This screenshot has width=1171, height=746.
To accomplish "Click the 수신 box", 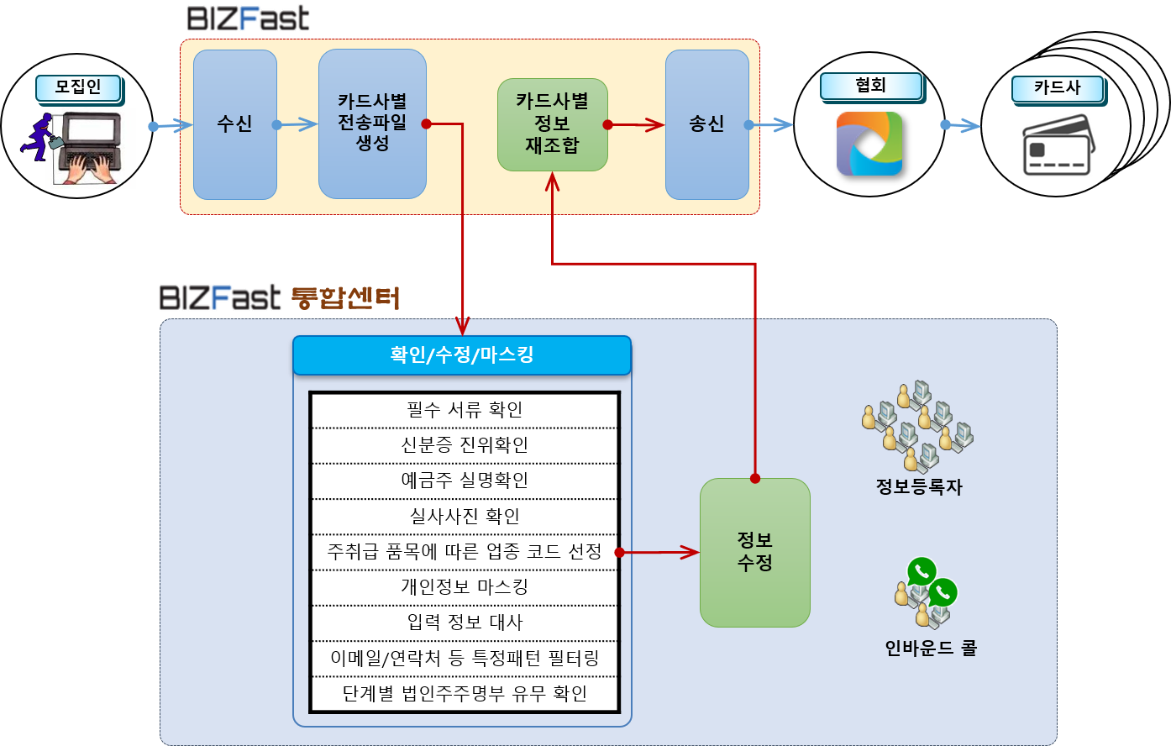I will point(234,124).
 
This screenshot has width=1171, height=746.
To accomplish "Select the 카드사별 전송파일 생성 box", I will point(372,123).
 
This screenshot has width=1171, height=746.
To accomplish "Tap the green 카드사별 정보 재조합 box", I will point(552,124).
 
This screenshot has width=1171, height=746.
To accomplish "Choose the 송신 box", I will point(706,124).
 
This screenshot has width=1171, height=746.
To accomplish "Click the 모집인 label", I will point(78,87).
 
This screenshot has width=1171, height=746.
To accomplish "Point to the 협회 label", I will point(870,86).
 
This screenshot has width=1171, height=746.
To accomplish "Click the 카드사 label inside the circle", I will point(1056,88).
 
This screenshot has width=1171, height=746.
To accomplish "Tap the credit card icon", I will point(1056,144).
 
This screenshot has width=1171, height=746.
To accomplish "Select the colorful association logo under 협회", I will point(869,144).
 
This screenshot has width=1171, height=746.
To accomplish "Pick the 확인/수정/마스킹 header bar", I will point(461,355).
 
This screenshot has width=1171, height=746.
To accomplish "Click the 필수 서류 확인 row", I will point(465,410).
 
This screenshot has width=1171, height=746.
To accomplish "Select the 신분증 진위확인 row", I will point(465,445).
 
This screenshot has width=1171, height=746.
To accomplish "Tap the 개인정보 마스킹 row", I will point(465,587).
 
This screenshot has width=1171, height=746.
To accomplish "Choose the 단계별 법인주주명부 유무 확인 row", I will point(465,694).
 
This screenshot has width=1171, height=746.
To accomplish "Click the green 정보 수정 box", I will point(754,552).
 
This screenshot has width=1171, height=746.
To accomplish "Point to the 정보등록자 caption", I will point(918,487).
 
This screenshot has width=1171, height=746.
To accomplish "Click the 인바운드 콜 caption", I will point(931,649).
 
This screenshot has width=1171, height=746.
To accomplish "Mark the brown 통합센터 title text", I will point(344,297).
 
